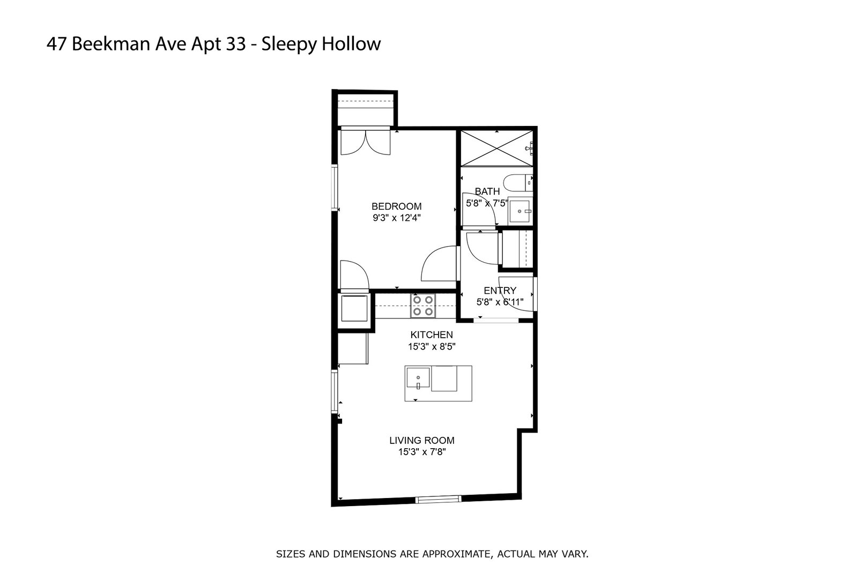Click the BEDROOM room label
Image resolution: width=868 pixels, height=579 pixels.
pyautogui.click(x=396, y=206)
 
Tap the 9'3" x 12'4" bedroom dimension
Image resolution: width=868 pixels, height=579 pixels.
pyautogui.click(x=396, y=218)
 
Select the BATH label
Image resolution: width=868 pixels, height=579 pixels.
pyautogui.click(x=487, y=191)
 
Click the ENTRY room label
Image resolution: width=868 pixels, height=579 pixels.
pyautogui.click(x=500, y=291)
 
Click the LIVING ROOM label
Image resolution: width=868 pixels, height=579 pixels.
pyautogui.click(x=421, y=441)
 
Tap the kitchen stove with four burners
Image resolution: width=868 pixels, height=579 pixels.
pyautogui.click(x=422, y=306)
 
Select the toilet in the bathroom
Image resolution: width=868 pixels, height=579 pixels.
pyautogui.click(x=520, y=183)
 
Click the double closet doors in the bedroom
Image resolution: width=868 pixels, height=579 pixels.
pyautogui.click(x=365, y=143)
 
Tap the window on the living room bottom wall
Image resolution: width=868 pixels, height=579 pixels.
pyautogui.click(x=439, y=499)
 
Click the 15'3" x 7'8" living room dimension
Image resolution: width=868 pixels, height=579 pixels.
pyautogui.click(x=421, y=452)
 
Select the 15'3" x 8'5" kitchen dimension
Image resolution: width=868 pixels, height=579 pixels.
pyautogui.click(x=432, y=347)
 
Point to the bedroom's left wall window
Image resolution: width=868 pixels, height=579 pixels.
pyautogui.click(x=334, y=188)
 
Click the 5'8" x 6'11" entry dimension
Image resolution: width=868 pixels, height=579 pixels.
pyautogui.click(x=500, y=302)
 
